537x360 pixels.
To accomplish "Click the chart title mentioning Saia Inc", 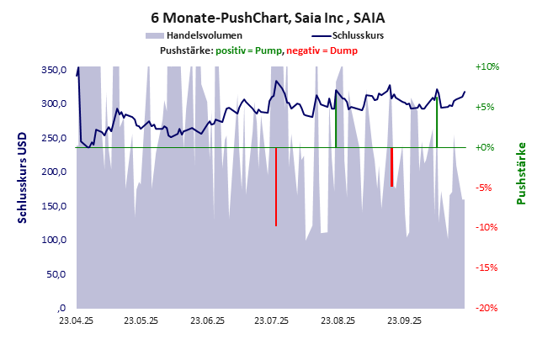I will (268, 17).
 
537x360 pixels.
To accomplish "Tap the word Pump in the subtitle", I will (268, 51).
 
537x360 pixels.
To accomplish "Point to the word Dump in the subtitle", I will (343, 51).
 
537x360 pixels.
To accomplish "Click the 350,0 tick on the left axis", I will (54, 70).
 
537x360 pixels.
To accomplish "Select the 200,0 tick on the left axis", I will (54, 172).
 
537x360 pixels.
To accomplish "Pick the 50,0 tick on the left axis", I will (56, 274).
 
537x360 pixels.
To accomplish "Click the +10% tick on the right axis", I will (488, 66).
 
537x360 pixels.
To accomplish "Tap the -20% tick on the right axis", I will (488, 308).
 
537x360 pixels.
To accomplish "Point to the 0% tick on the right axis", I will (490, 147).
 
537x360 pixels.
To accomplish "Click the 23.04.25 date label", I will (77, 321).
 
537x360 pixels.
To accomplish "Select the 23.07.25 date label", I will (272, 321).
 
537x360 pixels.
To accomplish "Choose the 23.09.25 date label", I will (403, 321).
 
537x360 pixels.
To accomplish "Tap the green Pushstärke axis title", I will (522, 173).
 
